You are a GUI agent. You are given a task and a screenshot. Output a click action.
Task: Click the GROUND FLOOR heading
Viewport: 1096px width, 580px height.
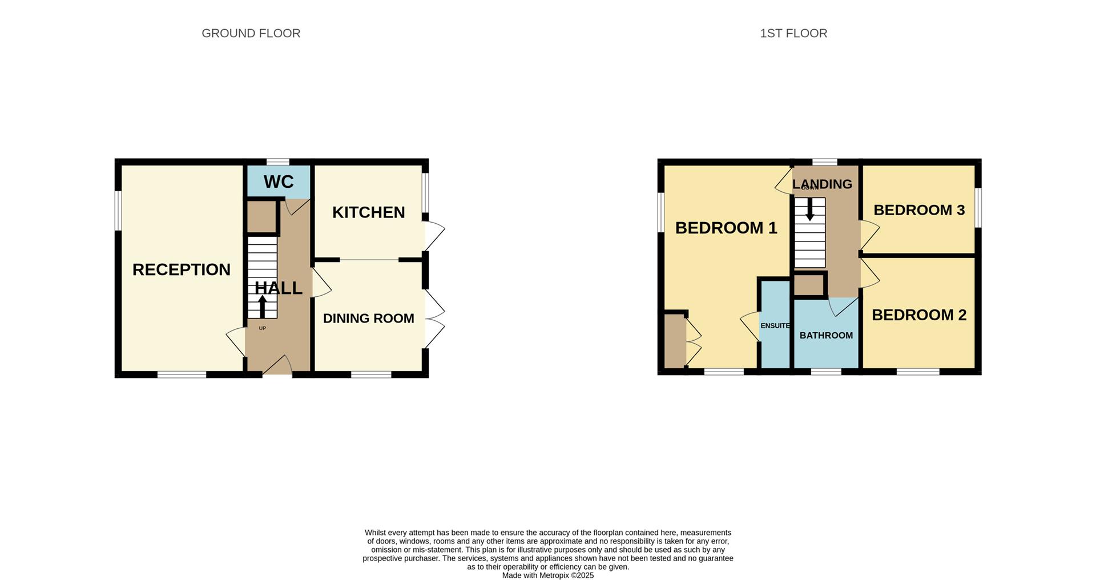[251, 33]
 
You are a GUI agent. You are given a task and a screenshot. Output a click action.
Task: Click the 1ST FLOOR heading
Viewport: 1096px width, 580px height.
[793, 33]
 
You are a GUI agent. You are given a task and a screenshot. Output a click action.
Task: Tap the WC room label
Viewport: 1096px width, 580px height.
[279, 182]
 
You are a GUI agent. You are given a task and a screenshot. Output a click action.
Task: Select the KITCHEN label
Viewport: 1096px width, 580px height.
[368, 212]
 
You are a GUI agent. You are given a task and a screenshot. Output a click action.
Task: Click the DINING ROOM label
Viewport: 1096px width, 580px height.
[368, 319]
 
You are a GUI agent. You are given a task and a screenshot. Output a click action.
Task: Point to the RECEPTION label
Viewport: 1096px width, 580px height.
[181, 269]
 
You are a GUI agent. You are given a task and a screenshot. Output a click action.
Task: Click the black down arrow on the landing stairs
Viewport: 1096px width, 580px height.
[809, 210]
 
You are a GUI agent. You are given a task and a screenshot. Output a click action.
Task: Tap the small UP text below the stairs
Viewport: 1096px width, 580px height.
[262, 328]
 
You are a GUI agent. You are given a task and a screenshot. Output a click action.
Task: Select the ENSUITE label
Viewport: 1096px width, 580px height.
[775, 326]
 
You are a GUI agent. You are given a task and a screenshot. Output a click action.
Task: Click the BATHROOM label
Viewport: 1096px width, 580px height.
[825, 336]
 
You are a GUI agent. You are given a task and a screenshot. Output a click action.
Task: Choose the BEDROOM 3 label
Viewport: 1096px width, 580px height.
[918, 210]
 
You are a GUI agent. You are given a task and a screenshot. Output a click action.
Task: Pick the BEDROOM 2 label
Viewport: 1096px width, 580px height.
[918, 315]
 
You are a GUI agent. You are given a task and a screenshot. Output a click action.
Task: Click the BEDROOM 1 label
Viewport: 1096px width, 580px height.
[726, 228]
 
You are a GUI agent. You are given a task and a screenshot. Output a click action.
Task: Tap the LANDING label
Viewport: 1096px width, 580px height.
[821, 184]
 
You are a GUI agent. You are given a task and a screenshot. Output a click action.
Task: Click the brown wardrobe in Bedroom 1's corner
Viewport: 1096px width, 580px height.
[674, 341]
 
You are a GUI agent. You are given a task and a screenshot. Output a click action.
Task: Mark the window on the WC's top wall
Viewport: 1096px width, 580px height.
[278, 162]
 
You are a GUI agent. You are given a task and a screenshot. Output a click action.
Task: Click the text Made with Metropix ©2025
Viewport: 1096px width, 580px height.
[547, 575]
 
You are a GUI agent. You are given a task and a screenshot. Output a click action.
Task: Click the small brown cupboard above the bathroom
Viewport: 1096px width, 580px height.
[809, 285]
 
